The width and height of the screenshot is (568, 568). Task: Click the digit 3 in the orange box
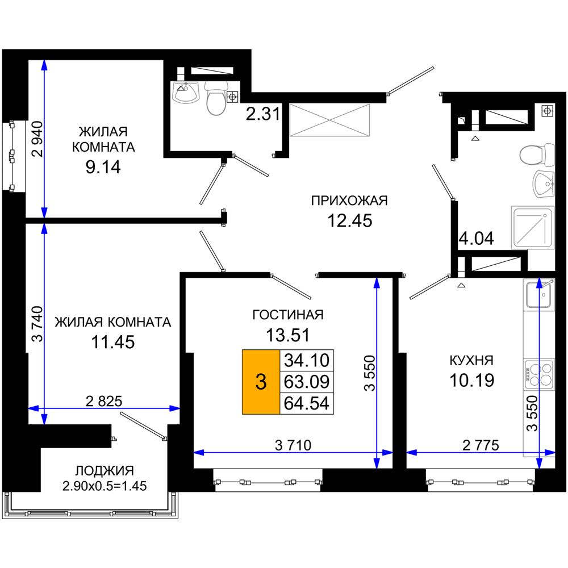tap(261, 382)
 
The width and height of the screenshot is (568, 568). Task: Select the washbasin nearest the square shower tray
tap(543, 183)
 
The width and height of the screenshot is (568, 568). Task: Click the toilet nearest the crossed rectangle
tap(216, 100)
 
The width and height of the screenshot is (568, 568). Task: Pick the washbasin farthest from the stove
tap(186, 93)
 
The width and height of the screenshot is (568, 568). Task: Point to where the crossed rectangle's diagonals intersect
tap(330, 120)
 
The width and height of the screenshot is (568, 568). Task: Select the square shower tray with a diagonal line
tap(532, 227)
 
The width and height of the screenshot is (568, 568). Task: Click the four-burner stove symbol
tap(538, 374)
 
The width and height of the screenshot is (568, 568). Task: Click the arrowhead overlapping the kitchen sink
tap(538, 283)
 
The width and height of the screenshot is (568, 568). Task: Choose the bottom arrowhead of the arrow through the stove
tap(539, 463)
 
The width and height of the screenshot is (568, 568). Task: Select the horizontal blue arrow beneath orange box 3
tap(293, 453)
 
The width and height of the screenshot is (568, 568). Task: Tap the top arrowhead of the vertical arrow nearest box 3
tap(377, 283)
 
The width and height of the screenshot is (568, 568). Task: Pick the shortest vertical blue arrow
tap(44, 139)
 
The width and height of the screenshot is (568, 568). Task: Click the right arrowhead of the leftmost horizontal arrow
tap(174, 408)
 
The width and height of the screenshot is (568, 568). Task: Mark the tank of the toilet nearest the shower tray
tap(549, 155)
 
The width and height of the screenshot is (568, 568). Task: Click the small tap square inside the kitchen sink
tap(544, 295)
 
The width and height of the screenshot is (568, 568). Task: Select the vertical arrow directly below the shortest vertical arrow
tap(44, 324)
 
